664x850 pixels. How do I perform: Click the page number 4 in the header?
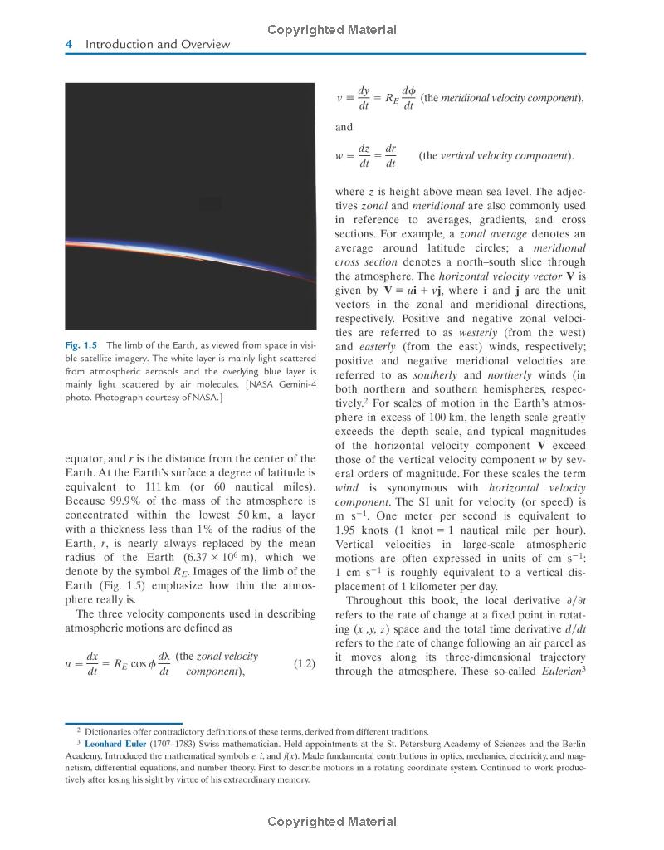pyautogui.click(x=69, y=45)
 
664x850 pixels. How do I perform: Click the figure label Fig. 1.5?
pyautogui.click(x=81, y=345)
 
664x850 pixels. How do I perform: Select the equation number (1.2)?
pyautogui.click(x=305, y=664)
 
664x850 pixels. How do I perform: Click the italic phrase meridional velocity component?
pyautogui.click(x=508, y=98)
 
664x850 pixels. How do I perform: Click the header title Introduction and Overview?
pyautogui.click(x=159, y=45)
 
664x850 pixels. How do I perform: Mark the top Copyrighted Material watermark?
pyautogui.click(x=332, y=30)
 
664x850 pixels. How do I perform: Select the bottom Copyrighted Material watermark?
pyautogui.click(x=332, y=822)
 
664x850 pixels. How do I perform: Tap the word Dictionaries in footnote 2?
pyautogui.click(x=109, y=731)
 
